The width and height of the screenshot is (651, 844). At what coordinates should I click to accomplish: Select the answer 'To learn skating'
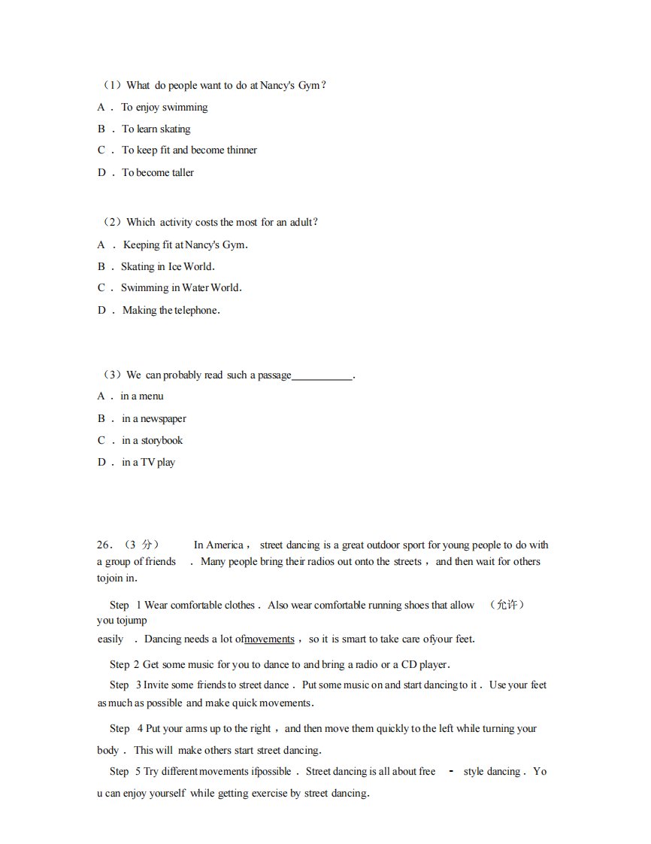coord(156,129)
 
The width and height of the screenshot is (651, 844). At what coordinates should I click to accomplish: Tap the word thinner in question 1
coord(241,150)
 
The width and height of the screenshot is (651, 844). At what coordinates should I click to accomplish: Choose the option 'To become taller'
coord(158,172)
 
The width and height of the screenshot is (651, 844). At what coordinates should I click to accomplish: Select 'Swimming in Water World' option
coord(180,287)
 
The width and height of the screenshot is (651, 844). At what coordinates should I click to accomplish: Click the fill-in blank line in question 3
coord(322,375)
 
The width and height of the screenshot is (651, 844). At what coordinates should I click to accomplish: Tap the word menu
coord(151,396)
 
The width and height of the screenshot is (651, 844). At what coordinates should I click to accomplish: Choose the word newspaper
coord(163,418)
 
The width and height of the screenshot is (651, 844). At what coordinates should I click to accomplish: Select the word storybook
coord(162,440)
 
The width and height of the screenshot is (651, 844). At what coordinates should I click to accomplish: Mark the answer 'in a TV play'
coord(148,462)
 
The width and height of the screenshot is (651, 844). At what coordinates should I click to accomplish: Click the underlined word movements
coord(269,639)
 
